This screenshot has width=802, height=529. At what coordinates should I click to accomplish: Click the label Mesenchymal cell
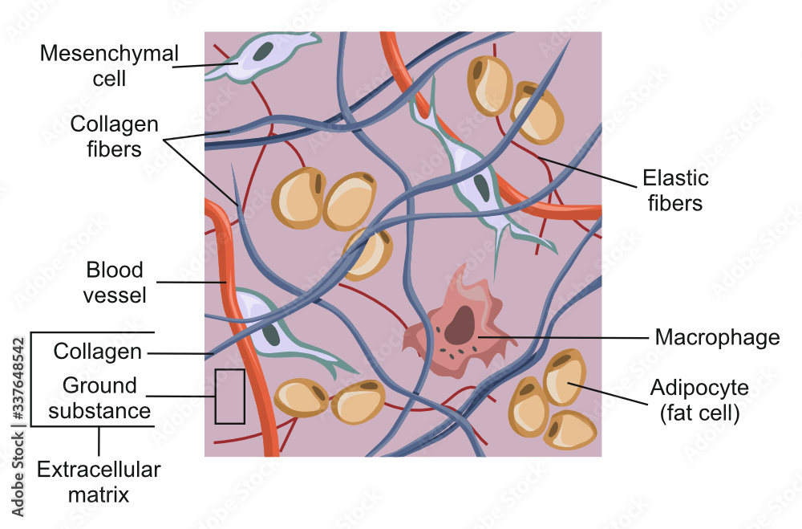pos(109,66)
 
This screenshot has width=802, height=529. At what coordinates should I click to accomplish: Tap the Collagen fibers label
pos(114,136)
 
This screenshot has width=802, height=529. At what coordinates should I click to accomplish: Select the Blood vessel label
pos(116,282)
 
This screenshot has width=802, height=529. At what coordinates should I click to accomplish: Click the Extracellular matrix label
pos(98,482)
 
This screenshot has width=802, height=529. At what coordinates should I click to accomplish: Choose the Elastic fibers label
pos(676,189)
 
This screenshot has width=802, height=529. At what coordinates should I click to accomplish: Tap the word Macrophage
pos(717,337)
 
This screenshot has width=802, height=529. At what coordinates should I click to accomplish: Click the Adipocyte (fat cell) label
pos(699,401)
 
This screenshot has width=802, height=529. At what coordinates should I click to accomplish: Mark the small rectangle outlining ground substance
pos(229,396)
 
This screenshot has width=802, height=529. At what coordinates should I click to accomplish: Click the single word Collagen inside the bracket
pos(97,352)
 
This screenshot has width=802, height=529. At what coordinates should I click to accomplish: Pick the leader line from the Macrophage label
pos(561,337)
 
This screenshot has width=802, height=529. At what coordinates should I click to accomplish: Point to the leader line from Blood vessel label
pos(191,282)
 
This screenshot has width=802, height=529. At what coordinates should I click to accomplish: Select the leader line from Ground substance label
pos(184,397)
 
